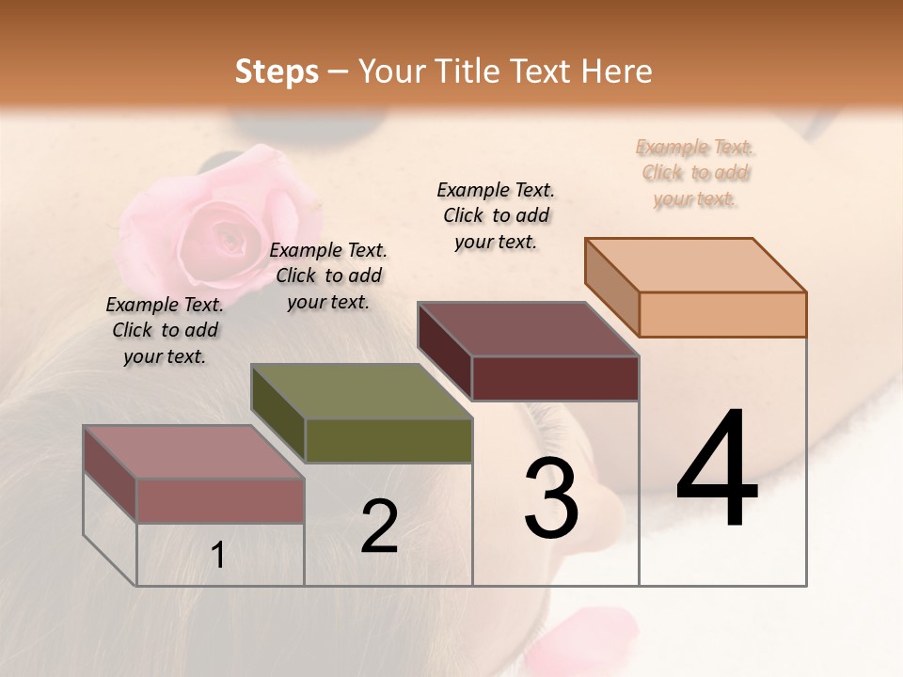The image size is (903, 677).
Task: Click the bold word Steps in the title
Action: coord(277,71)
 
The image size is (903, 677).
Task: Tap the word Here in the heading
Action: coord(616,71)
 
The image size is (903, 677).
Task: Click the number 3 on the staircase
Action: coord(550,499)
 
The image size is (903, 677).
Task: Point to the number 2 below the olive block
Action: coord(379,527)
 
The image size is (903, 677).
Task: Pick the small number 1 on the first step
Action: coord(218,556)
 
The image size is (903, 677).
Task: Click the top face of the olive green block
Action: coord(361,391)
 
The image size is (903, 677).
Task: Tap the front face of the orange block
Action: coord(722,314)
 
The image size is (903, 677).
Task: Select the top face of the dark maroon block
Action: coord(528,329)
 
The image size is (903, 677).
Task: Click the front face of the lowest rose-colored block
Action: coord(220,500)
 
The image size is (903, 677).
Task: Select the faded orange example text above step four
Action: coord(695,173)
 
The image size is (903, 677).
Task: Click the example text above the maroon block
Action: coord(496,215)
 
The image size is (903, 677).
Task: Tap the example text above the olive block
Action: coord(328,276)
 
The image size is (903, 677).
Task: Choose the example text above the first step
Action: coord(165,330)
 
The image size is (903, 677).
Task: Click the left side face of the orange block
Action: coord(611,287)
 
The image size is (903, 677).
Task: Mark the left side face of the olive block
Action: coord(277,414)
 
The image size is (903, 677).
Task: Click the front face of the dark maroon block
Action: coord(555,378)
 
